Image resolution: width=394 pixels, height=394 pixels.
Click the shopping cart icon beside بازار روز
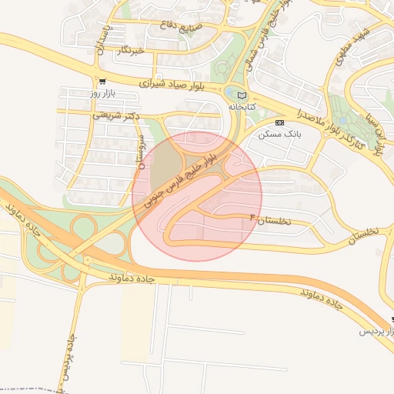click(x=102, y=81)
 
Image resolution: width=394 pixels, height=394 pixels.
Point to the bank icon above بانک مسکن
click(x=279, y=122)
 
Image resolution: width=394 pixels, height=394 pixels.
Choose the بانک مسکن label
click(x=279, y=134)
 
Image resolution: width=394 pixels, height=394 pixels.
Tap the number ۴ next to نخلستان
click(x=251, y=220)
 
